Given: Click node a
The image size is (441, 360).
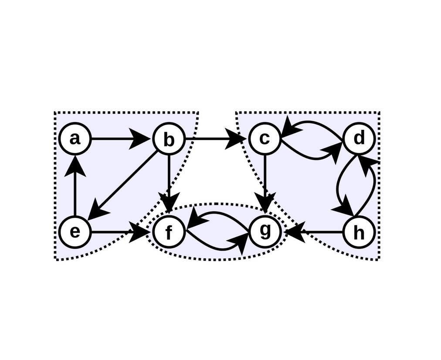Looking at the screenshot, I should click(75, 139).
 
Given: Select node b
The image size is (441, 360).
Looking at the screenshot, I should click(169, 139).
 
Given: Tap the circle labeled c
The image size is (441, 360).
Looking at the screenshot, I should click(265, 139).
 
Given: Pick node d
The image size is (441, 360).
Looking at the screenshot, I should click(359, 139).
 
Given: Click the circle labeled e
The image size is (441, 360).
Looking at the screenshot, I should click(75, 232).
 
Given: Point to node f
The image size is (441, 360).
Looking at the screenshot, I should click(169, 232).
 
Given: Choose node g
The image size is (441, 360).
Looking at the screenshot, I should click(265, 231).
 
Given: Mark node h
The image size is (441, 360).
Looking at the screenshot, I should click(359, 232).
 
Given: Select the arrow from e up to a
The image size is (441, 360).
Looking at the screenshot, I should click(75, 187).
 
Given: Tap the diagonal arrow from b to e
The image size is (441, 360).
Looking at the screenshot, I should click(124, 184).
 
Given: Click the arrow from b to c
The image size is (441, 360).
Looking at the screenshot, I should click(214, 139).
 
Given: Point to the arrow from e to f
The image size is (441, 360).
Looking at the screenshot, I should click(118, 232).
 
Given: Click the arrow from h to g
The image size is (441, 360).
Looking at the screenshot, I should click(316, 232).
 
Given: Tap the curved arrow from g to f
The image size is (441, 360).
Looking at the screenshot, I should click(218, 213).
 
